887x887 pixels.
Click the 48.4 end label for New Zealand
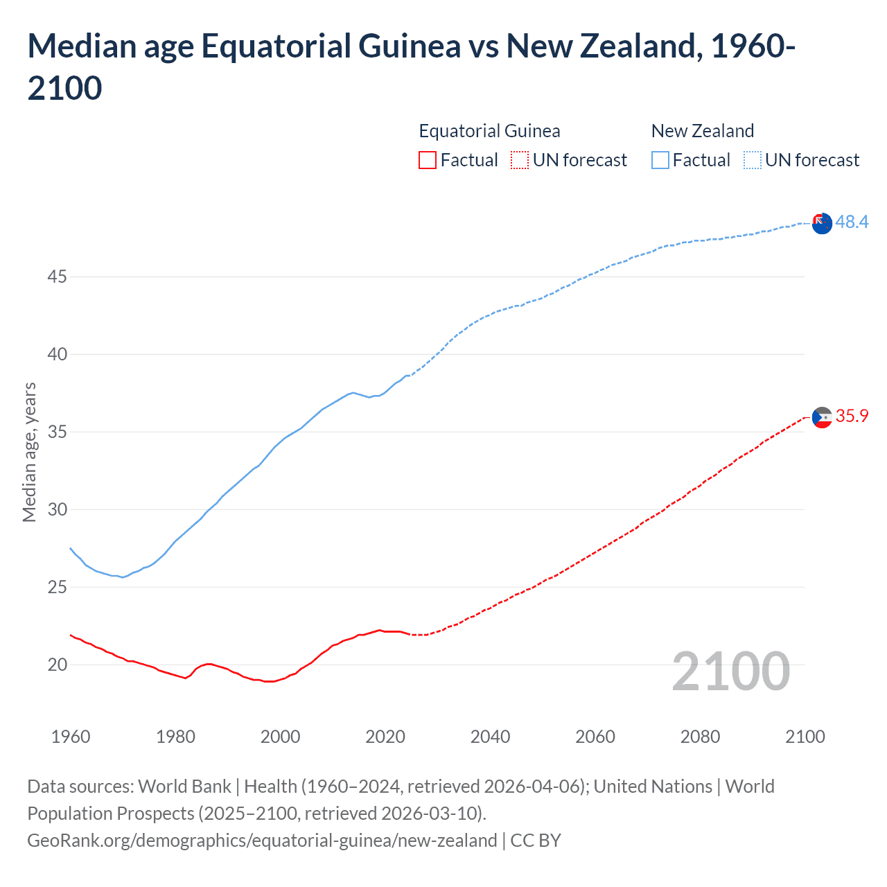[852, 222]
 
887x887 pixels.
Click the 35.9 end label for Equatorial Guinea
[852, 416]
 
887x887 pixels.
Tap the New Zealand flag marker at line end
[822, 224]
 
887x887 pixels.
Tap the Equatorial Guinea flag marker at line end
[822, 418]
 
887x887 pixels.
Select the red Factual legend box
[428, 160]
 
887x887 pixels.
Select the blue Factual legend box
[660, 160]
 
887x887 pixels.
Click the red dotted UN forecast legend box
[520, 160]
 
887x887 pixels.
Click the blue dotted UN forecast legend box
[752, 160]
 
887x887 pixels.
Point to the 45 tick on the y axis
[58, 277]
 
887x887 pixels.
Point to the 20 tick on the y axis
[58, 665]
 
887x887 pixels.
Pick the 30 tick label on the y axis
[58, 510]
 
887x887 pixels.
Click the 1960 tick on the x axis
[71, 737]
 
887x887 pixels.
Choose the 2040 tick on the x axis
[490, 737]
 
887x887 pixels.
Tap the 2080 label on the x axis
[700, 737]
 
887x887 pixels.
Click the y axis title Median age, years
[29, 452]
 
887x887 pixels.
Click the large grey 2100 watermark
[730, 671]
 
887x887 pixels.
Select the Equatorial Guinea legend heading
[489, 131]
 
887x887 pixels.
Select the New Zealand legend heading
[702, 131]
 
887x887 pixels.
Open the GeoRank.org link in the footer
[262, 841]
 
